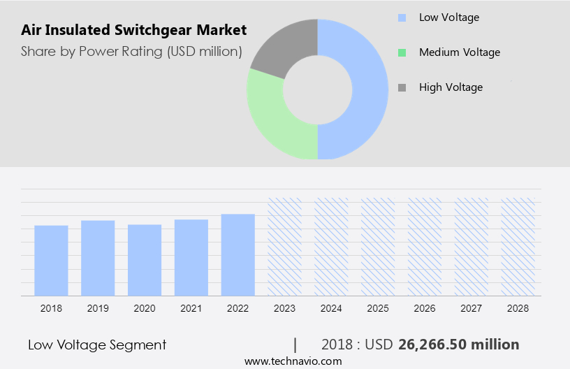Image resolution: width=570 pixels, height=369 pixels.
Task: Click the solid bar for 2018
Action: click(x=51, y=260)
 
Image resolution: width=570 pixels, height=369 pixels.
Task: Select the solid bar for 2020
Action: click(x=145, y=260)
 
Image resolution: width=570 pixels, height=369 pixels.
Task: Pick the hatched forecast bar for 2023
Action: click(x=285, y=246)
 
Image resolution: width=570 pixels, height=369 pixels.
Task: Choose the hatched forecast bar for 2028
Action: click(x=518, y=246)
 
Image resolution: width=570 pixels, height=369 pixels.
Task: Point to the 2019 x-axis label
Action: click(x=98, y=307)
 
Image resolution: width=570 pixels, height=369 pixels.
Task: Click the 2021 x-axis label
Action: click(x=191, y=307)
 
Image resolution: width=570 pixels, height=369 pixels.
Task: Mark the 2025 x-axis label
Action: click(x=378, y=307)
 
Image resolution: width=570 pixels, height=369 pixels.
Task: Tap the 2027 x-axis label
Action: click(x=472, y=307)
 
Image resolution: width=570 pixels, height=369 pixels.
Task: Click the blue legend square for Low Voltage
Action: click(x=402, y=17)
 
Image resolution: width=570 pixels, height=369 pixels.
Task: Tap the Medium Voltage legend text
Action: click(x=459, y=52)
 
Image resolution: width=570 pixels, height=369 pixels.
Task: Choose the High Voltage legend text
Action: click(x=451, y=87)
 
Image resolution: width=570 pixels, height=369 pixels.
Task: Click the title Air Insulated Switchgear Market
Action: click(x=133, y=30)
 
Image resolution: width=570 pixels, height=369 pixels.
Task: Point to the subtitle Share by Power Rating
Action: click(x=131, y=51)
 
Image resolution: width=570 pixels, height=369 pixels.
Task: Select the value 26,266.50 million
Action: click(x=458, y=345)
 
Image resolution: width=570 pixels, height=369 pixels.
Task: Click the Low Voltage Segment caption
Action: click(x=97, y=345)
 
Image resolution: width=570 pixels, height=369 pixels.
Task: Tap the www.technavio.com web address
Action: click(x=293, y=361)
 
